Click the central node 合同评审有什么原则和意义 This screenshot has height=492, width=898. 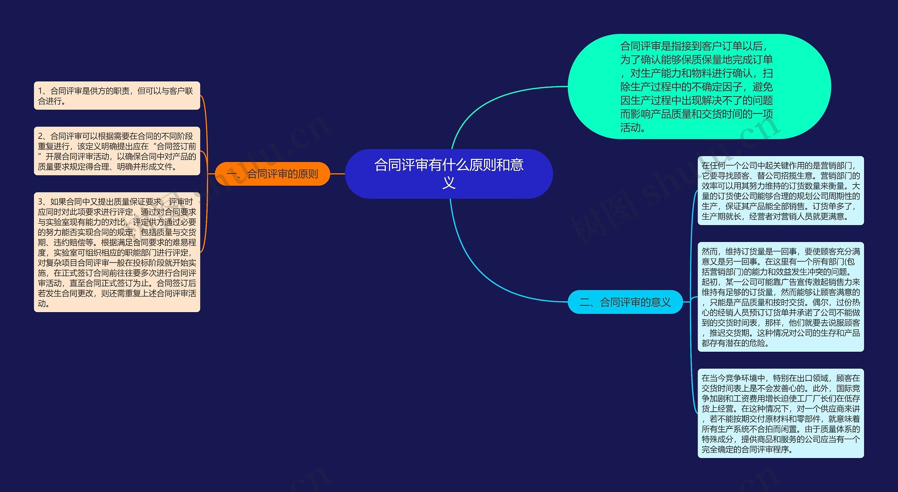pyautogui.click(x=449, y=174)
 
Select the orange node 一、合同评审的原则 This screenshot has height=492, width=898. pyautogui.click(x=272, y=174)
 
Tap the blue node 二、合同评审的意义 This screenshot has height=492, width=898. pyautogui.click(x=625, y=302)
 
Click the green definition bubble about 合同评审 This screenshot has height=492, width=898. pyautogui.click(x=699, y=86)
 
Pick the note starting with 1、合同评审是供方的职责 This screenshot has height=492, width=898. pyautogui.click(x=117, y=96)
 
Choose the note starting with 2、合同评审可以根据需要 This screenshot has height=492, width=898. pyautogui.click(x=117, y=151)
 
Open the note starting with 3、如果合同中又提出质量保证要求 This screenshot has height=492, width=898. pyautogui.click(x=117, y=252)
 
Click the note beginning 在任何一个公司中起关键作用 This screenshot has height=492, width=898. pyautogui.click(x=780, y=191)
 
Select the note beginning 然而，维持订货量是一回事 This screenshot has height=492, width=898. pyautogui.click(x=780, y=297)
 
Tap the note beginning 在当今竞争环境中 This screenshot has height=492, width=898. pyautogui.click(x=780, y=413)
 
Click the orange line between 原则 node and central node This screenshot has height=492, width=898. pyautogui.click(x=337, y=174)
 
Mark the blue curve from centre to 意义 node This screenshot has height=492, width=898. pyautogui.click(x=484, y=274)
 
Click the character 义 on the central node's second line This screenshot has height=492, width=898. pyautogui.click(x=449, y=183)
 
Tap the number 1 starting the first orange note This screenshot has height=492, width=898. pyautogui.click(x=40, y=91)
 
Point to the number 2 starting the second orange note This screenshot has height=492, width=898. pyautogui.click(x=40, y=136)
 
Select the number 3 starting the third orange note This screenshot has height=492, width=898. pyautogui.click(x=40, y=202)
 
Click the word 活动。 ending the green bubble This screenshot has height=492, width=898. pyautogui.click(x=633, y=128)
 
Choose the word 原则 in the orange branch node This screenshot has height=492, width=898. pyautogui.click(x=307, y=174)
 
